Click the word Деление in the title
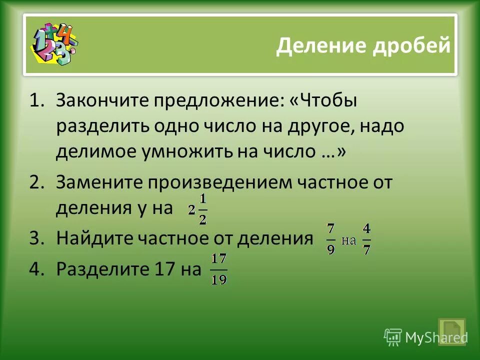pos(320,46)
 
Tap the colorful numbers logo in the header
pos(54,44)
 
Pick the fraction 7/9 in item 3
pos(330,239)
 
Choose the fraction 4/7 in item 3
pos(366,239)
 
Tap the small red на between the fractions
pos(348,240)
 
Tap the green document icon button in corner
pos(451,330)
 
